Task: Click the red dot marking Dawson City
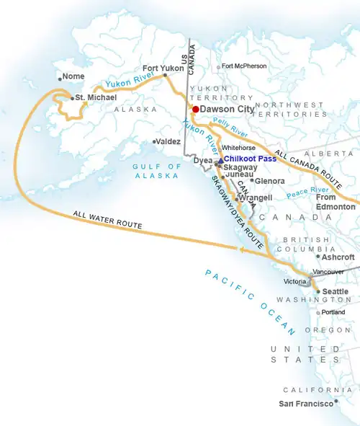coord(195,110)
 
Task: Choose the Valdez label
coord(168,142)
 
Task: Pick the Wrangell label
coord(256,198)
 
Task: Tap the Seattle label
coord(336,292)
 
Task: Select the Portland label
coord(334,312)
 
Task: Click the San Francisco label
coord(307,403)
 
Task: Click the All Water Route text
coord(107,220)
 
